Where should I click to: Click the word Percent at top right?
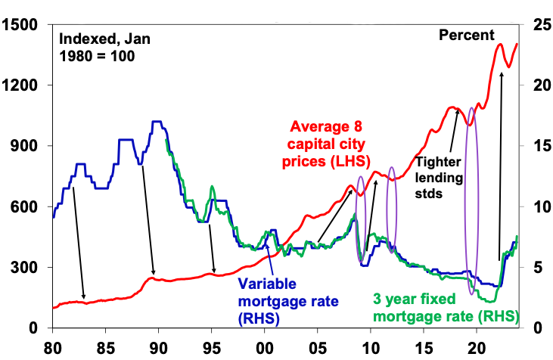466,36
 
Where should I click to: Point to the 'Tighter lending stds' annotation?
440,176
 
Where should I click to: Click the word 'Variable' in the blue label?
266,285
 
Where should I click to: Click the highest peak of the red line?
500,45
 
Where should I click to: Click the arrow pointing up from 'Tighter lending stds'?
454,132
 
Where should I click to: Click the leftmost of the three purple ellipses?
361,219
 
